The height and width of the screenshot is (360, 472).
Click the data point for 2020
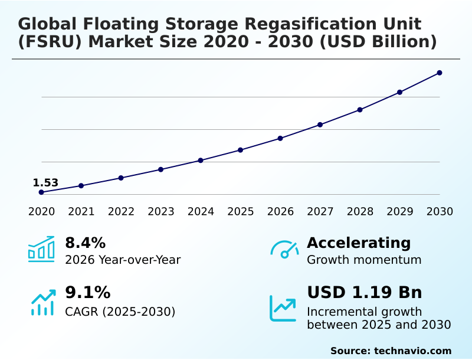pyautogui.click(x=41, y=192)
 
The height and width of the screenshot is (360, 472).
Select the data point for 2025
pyautogui.click(x=241, y=150)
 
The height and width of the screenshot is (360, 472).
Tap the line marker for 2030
pyautogui.click(x=440, y=73)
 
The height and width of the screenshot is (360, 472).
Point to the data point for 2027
pyautogui.click(x=320, y=125)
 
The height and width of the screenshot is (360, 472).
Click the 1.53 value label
pyautogui.click(x=45, y=183)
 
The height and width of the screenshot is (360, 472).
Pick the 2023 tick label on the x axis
pyautogui.click(x=161, y=212)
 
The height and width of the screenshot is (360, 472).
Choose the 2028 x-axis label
pyautogui.click(x=360, y=212)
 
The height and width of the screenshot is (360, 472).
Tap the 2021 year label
pyautogui.click(x=81, y=212)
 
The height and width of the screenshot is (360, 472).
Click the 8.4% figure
pyautogui.click(x=85, y=243)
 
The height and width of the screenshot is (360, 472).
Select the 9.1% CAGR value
pyautogui.click(x=87, y=293)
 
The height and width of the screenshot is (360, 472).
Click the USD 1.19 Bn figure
pyautogui.click(x=365, y=293)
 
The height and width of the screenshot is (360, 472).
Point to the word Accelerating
pyautogui.click(x=359, y=243)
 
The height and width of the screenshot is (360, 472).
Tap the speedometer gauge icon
pyautogui.click(x=284, y=250)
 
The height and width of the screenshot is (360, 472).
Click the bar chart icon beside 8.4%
pyautogui.click(x=41, y=249)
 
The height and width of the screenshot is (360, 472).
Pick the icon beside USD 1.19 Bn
pyautogui.click(x=283, y=308)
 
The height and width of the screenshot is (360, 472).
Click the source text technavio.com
pyautogui.click(x=412, y=351)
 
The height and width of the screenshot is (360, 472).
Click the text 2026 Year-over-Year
pyautogui.click(x=123, y=260)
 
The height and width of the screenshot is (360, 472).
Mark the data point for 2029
pyautogui.click(x=399, y=92)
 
